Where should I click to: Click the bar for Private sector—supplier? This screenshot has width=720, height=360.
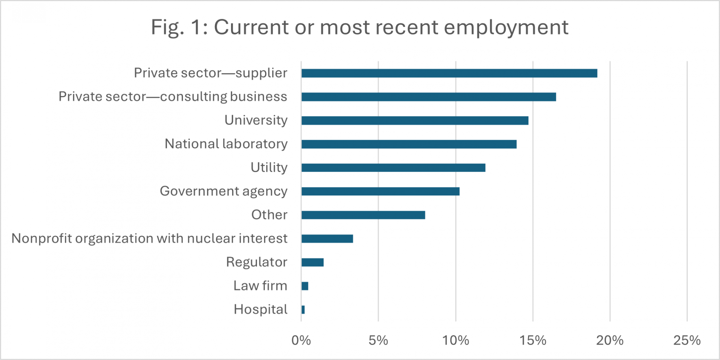click(449, 73)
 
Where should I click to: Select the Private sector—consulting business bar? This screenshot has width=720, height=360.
click(429, 97)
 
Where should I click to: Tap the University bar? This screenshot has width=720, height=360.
click(415, 120)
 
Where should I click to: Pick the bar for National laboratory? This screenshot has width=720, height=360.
click(409, 144)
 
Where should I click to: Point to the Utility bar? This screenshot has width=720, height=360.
click(393, 168)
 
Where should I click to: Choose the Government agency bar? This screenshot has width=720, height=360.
click(380, 191)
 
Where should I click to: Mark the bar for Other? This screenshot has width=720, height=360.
click(363, 215)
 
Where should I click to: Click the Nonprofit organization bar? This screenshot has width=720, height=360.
click(327, 238)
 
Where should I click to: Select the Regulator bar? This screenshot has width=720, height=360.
click(312, 262)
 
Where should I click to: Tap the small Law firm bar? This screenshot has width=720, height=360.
click(305, 286)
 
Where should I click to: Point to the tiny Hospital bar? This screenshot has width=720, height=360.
click(303, 309)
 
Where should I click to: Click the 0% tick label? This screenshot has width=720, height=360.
click(301, 340)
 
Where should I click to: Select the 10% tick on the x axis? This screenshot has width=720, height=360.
click(456, 340)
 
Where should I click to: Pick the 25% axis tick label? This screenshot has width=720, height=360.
click(687, 340)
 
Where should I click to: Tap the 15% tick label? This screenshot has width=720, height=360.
click(533, 340)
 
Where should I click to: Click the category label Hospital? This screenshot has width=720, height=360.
click(260, 309)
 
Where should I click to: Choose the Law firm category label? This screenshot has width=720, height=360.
click(260, 286)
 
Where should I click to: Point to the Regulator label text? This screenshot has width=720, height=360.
click(256, 262)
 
